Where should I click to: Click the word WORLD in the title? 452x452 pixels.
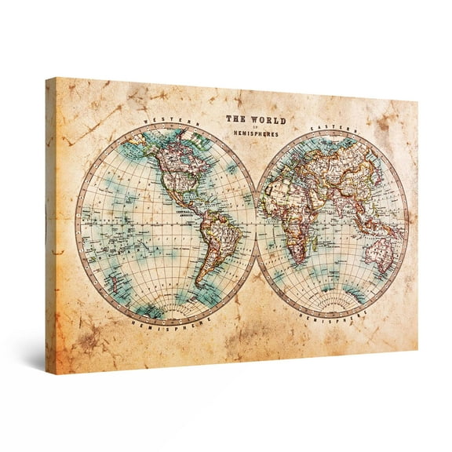click(267, 120)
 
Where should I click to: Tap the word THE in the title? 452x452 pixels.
click(235, 119)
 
